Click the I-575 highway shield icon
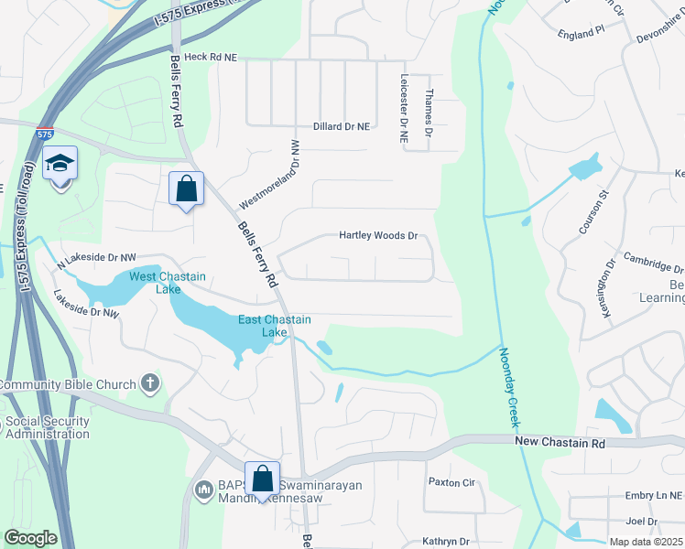[x=44, y=134]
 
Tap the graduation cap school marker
[x=60, y=165]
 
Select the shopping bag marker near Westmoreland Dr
[x=186, y=189]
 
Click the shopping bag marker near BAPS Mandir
[x=263, y=479]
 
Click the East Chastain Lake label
[x=275, y=326]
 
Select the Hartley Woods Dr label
[x=378, y=235]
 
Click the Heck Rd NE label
[x=211, y=57]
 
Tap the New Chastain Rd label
[x=560, y=443]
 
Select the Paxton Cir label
[x=453, y=482]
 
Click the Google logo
[x=30, y=537]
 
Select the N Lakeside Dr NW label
[x=96, y=262]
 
